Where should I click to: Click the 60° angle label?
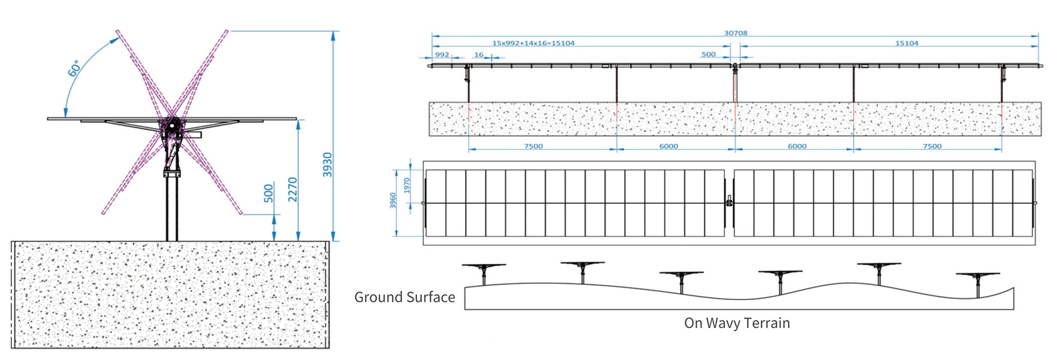(x=74, y=68)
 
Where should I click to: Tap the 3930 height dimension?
(x=328, y=164)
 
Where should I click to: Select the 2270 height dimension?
(x=293, y=189)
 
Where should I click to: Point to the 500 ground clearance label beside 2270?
(x=268, y=193)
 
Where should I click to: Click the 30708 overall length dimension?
(x=735, y=33)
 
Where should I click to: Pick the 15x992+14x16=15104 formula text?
(x=533, y=43)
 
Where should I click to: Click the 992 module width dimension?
(x=442, y=55)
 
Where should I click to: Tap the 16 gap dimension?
(x=478, y=55)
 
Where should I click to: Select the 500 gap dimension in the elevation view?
(x=708, y=55)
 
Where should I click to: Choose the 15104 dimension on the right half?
(x=906, y=43)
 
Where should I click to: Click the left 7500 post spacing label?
(x=533, y=146)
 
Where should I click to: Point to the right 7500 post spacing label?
(x=931, y=146)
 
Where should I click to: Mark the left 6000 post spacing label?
(x=668, y=146)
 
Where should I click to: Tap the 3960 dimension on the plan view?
(x=393, y=200)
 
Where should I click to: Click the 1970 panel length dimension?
(x=407, y=185)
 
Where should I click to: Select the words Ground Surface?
(x=404, y=297)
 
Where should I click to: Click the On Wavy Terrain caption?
(x=736, y=323)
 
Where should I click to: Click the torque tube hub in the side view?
(x=172, y=125)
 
